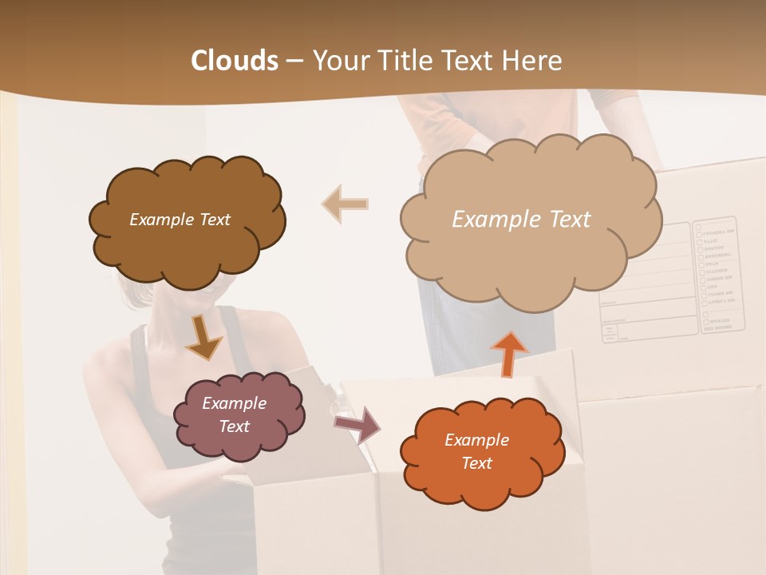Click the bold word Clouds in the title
point(235,61)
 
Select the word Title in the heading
point(401,61)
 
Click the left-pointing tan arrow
point(345,204)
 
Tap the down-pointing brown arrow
point(203,338)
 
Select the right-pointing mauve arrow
point(357,423)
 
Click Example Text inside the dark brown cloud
point(180,220)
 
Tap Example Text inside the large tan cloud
point(521,220)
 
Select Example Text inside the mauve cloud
point(234,414)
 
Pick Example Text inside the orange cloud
point(476,451)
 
